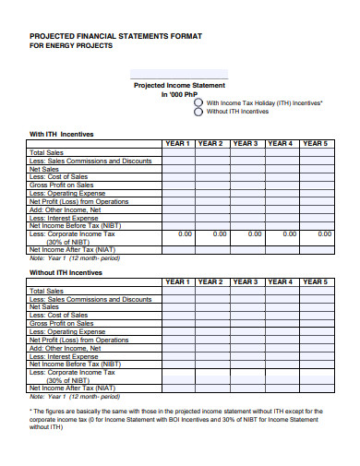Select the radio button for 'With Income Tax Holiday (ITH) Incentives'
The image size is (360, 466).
click(198, 102)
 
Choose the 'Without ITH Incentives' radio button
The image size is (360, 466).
click(198, 112)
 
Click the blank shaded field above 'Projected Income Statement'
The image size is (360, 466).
click(168, 73)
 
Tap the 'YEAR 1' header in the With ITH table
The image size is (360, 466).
click(177, 143)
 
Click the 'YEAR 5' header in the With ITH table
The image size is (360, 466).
click(315, 143)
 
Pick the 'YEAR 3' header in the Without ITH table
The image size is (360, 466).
click(246, 281)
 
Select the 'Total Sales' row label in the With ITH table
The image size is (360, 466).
click(48, 153)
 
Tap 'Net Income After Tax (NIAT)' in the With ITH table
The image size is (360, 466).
click(73, 249)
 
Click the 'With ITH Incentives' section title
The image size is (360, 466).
click(62, 133)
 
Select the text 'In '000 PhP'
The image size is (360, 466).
click(180, 94)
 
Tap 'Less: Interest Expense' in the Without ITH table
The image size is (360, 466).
click(64, 355)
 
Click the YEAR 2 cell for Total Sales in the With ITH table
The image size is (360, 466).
click(211, 153)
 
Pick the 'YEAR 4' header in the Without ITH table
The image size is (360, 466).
click(280, 281)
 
